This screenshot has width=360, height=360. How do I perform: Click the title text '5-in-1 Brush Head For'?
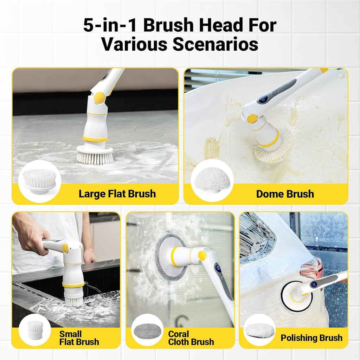pyautogui.click(x=180, y=26)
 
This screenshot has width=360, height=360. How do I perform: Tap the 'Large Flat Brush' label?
pyautogui.click(x=117, y=194)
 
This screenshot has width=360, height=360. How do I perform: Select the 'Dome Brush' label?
pyautogui.click(x=285, y=194)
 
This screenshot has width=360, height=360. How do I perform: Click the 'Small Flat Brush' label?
pyautogui.click(x=79, y=338)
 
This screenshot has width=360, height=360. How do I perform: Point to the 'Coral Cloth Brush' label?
pyautogui.click(x=191, y=338)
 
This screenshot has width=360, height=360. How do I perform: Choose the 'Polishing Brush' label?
pyautogui.click(x=311, y=338)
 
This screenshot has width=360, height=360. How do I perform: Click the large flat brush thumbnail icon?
pyautogui.click(x=39, y=181)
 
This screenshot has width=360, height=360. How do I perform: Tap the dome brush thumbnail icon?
pyautogui.click(x=212, y=181)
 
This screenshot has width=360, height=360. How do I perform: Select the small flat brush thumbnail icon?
pyautogui.click(x=35, y=330)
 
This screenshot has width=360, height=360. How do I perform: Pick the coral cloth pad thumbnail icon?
pyautogui.click(x=147, y=330)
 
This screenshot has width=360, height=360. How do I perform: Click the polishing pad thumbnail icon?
pyautogui.click(x=259, y=330)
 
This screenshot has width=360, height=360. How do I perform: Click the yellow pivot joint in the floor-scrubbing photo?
pyautogui.click(x=99, y=98)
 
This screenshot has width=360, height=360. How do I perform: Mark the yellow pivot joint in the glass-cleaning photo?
pyautogui.click(x=202, y=256)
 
